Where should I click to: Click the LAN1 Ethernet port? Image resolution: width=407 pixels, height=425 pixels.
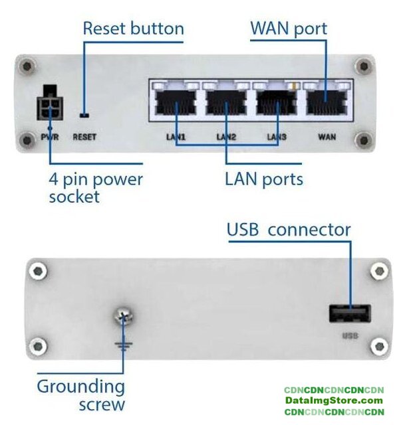pyautogui.click(x=176, y=104)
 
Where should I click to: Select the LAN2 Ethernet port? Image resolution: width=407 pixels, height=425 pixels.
pyautogui.click(x=226, y=104)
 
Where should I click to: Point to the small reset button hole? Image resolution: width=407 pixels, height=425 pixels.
pyautogui.click(x=83, y=114)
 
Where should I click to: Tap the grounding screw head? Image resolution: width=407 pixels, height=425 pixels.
pyautogui.click(x=122, y=318)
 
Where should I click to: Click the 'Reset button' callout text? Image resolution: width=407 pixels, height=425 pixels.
pyautogui.click(x=133, y=29)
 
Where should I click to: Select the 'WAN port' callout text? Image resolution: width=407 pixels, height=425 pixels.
pyautogui.click(x=289, y=29)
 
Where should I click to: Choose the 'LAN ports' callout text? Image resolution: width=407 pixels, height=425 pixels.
pyautogui.click(x=263, y=179)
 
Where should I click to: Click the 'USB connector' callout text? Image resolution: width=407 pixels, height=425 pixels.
pyautogui.click(x=289, y=230)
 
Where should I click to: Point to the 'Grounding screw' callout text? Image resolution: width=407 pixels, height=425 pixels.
pyautogui.click(x=80, y=394)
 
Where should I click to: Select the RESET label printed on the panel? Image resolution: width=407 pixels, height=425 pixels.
pyautogui.click(x=84, y=138)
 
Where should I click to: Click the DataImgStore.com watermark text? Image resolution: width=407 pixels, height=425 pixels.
pyautogui.click(x=334, y=400)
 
